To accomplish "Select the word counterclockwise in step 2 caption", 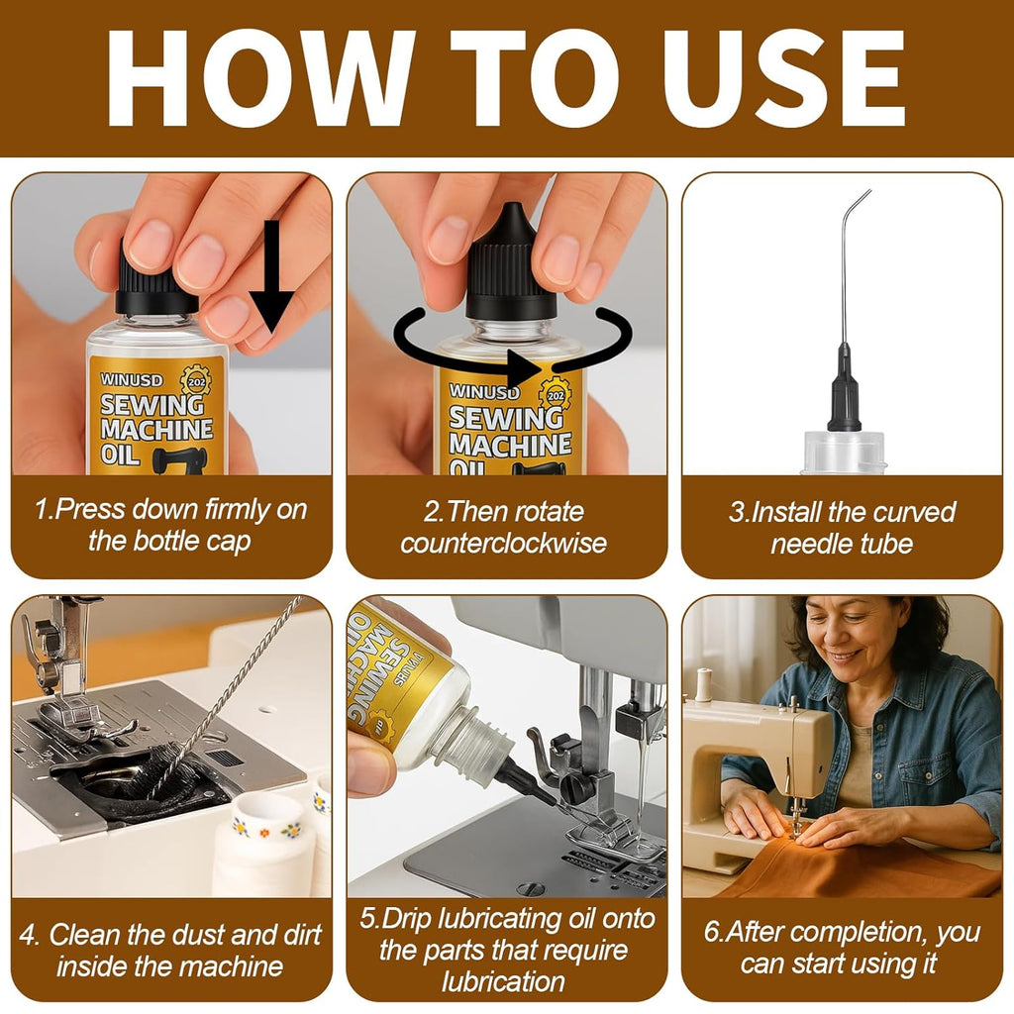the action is pos(503,544).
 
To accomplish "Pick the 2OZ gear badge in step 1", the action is pos(196,381).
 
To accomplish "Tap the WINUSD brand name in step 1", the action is pos(132,380).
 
